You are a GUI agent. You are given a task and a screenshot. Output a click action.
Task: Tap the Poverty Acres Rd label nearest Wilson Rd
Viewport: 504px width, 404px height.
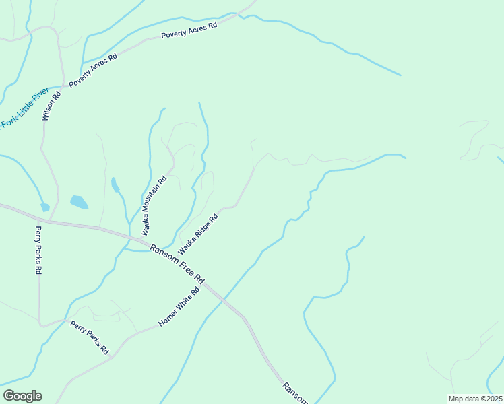pyautogui.click(x=93, y=69)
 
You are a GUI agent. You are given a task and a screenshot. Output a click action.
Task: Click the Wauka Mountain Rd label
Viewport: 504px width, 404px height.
pyautogui.click(x=153, y=206)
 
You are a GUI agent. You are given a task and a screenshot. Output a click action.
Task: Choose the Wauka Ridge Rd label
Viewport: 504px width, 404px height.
pyautogui.click(x=198, y=234)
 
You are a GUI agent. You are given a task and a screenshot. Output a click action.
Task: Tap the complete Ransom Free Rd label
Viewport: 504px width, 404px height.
pyautogui.click(x=177, y=263)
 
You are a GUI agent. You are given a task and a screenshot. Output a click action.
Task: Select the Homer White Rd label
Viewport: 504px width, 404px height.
pyautogui.click(x=179, y=308)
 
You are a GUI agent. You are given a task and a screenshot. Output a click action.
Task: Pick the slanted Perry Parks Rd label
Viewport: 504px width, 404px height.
pyautogui.click(x=89, y=337)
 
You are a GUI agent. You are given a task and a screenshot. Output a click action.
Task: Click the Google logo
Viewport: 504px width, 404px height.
pyautogui.click(x=22, y=396)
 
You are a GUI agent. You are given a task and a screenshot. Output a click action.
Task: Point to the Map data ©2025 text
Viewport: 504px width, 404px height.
pyautogui.click(x=475, y=399)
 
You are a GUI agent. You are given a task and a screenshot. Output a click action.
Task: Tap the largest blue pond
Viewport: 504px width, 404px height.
pyautogui.click(x=79, y=201)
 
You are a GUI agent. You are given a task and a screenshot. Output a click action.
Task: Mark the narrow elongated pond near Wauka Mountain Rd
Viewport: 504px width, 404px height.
pyautogui.click(x=115, y=184)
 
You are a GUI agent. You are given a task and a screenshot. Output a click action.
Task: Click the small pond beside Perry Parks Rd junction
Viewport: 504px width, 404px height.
pyautogui.click(x=44, y=207)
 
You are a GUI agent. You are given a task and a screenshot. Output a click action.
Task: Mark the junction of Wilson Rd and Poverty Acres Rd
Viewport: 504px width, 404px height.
pyautogui.click(x=65, y=84)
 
